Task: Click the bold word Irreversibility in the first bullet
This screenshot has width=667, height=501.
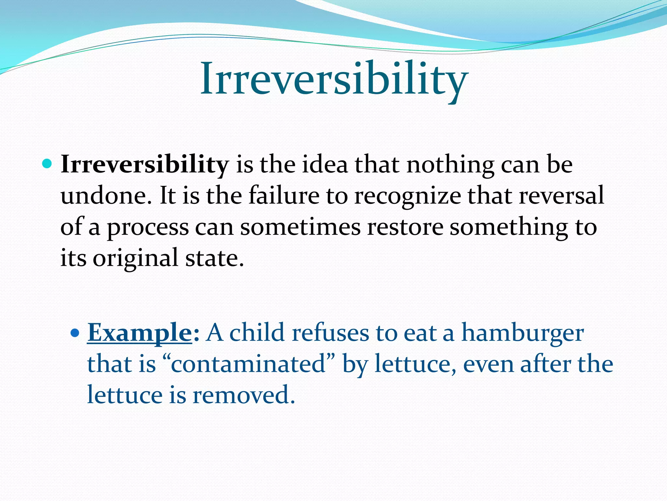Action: pyautogui.click(x=145, y=165)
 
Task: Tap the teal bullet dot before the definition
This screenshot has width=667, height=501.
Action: pyautogui.click(x=47, y=164)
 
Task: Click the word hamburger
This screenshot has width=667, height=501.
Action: pyautogui.click(x=522, y=333)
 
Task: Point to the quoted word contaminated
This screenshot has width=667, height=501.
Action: pyautogui.click(x=248, y=364)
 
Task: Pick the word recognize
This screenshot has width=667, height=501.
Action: pyautogui.click(x=407, y=196)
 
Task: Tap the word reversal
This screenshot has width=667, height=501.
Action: pyautogui.click(x=561, y=196)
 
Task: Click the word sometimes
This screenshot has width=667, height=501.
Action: pyautogui.click(x=300, y=227)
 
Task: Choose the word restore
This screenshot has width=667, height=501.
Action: pyautogui.click(x=405, y=227)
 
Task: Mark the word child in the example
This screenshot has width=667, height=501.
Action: pyautogui.click(x=257, y=333)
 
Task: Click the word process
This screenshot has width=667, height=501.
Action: pyautogui.click(x=148, y=228)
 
